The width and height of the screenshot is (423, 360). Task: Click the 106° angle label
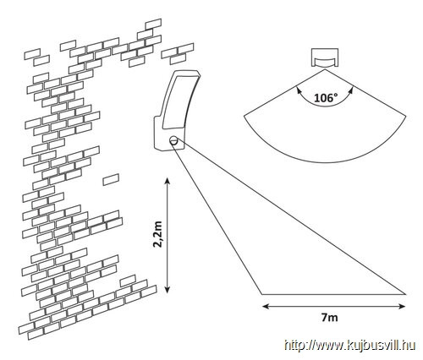pyautogui.click(x=326, y=98)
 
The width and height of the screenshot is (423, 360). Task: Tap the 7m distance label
pyautogui.click(x=329, y=318)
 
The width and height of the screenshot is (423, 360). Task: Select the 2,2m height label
pyautogui.click(x=158, y=234)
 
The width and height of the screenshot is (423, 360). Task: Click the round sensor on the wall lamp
pyautogui.click(x=173, y=140)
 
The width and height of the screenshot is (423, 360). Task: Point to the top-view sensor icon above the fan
pyautogui.click(x=324, y=57)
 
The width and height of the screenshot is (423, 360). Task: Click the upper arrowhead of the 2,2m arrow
pyautogui.click(x=168, y=180)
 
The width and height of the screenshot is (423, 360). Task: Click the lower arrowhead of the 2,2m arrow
pyautogui.click(x=168, y=290)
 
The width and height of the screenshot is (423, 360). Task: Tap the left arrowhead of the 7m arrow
pyautogui.click(x=266, y=306)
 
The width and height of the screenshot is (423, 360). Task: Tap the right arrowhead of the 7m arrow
pyautogui.click(x=402, y=306)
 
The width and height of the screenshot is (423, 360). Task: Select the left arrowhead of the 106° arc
pyautogui.click(x=298, y=90)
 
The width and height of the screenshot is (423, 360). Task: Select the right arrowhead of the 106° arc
pyautogui.click(x=350, y=90)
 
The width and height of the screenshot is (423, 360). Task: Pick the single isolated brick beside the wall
pyautogui.click(x=111, y=179)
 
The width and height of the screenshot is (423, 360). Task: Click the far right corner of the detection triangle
pyautogui.click(x=405, y=294)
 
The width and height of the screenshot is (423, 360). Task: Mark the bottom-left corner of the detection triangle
pyautogui.click(x=262, y=294)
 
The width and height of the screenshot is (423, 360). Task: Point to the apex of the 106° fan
pyautogui.click(x=324, y=69)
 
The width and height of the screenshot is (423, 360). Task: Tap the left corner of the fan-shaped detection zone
pyautogui.click(x=244, y=116)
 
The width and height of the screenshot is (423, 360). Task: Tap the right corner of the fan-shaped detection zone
pyautogui.click(x=406, y=116)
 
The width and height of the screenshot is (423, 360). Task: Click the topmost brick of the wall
pyautogui.click(x=153, y=24)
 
